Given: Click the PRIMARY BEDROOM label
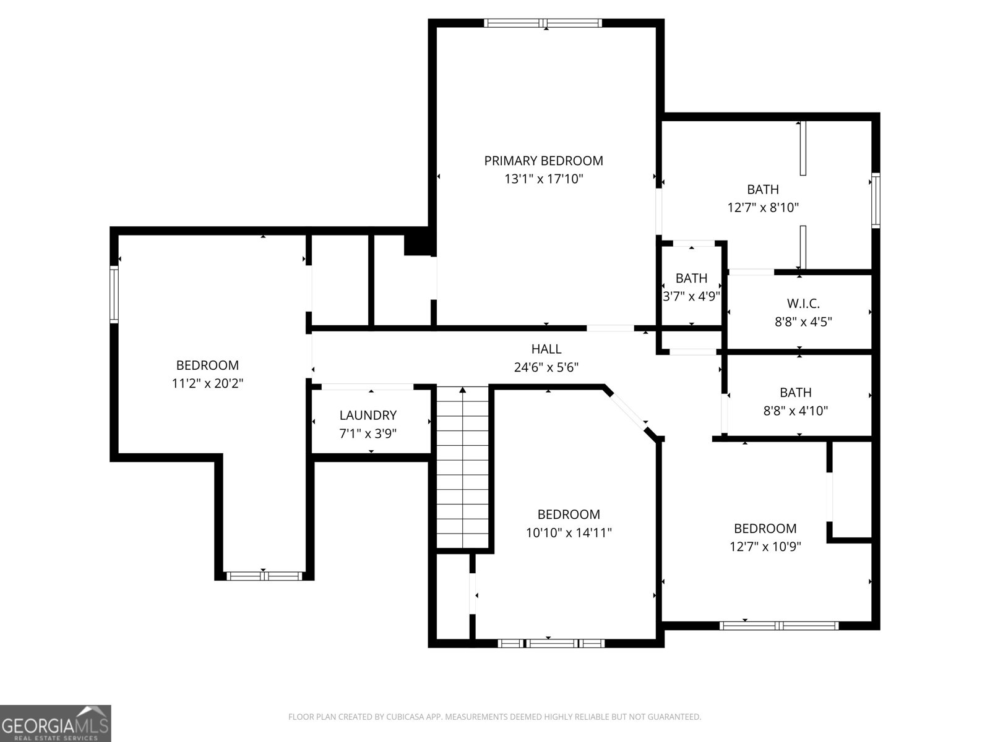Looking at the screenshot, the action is pos(543,161).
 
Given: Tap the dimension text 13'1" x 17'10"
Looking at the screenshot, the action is pos(543,179).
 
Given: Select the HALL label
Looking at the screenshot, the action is pos(546,349).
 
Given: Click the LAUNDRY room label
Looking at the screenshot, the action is pos(368,416).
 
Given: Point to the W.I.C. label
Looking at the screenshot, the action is pos(803,304).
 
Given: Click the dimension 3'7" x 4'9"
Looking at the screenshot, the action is pos(691,296).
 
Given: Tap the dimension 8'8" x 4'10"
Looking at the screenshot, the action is pos(796,411).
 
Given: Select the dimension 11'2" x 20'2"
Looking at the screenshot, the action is pos(207,383).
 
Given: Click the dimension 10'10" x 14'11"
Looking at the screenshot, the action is pos(569,533).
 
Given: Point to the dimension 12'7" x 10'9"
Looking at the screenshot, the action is pos(765,547).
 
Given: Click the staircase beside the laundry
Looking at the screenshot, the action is pos(463,467).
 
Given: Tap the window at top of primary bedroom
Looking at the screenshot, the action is pos(543,23).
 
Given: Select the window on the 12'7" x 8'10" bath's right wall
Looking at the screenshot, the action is pos(876,200).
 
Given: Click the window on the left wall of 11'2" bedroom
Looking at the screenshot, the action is pos(114,294).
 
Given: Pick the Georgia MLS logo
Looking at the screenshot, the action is pos(56,723).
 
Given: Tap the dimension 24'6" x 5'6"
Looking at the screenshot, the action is pos(546,368).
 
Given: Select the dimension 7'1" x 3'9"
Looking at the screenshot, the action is pos(368,434).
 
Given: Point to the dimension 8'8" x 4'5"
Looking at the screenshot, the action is pos(803,322).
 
